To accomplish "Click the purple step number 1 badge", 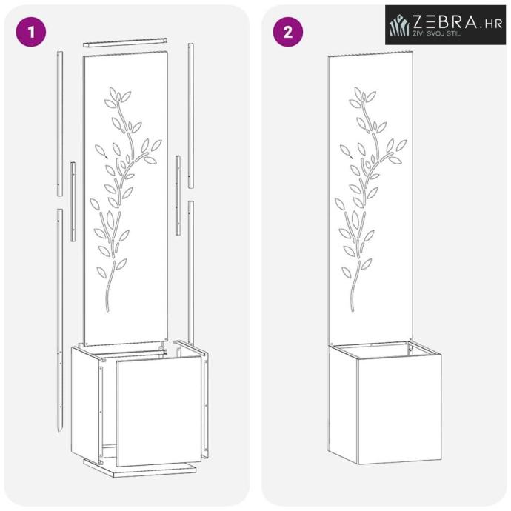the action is click(x=31, y=32).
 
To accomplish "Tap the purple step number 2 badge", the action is click(x=288, y=32).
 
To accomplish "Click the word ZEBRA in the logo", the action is click(x=444, y=21).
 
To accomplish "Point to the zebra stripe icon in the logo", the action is click(x=399, y=24).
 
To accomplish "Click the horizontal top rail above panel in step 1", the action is click(x=125, y=42).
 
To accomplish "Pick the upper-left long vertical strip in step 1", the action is click(x=60, y=124).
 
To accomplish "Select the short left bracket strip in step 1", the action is click(x=73, y=201).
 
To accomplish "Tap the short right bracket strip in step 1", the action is click(x=178, y=196).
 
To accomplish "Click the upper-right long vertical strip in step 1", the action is click(x=191, y=116).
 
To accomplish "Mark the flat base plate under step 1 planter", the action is click(x=139, y=467).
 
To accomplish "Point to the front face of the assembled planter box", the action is click(x=400, y=409).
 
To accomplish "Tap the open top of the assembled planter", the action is click(x=385, y=350).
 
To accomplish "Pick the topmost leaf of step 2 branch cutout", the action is click(x=358, y=93).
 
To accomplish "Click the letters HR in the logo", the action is click(x=493, y=24).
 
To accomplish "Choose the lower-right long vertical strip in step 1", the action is click(x=191, y=273).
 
